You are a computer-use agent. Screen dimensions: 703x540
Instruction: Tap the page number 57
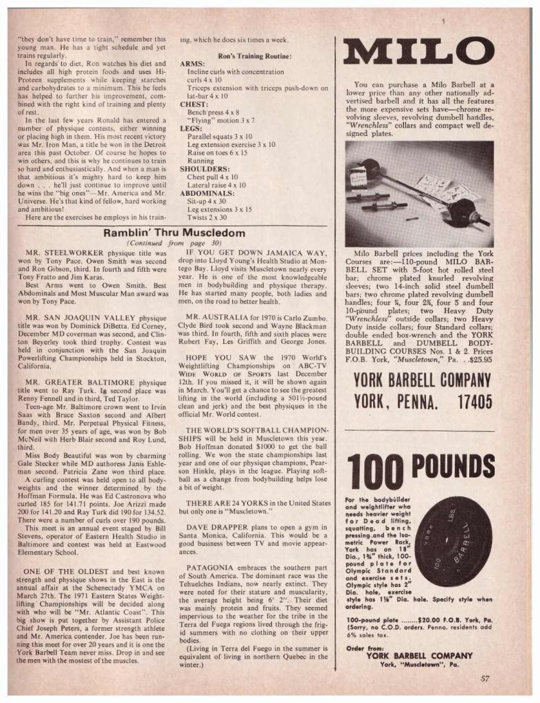(485, 679)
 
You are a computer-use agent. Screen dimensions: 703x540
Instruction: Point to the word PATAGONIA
(210, 567)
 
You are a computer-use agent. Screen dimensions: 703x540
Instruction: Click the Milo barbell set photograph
(419, 194)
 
